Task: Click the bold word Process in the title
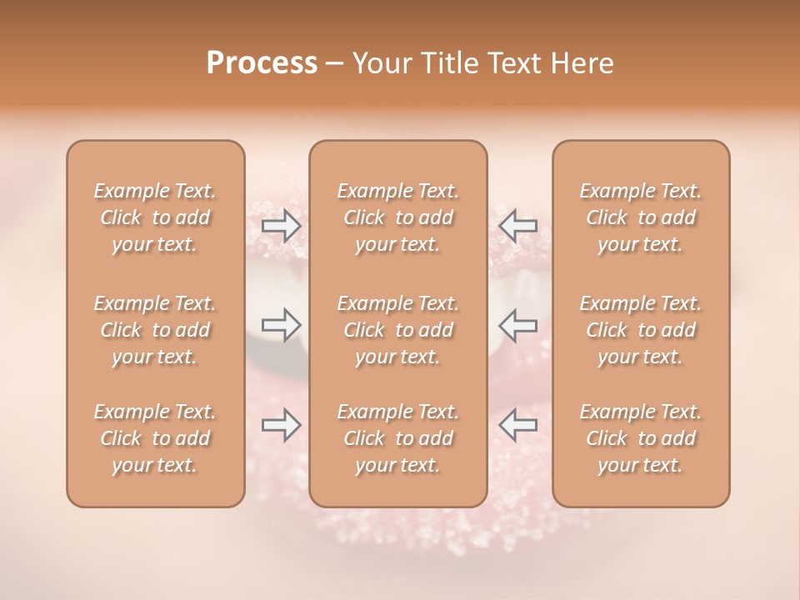pos(262,63)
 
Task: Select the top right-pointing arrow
pos(282,225)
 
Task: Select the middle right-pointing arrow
pos(282,325)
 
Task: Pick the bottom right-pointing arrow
pos(282,425)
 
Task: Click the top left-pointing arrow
pos(517,225)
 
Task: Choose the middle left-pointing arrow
pos(517,325)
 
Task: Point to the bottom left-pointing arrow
pos(517,425)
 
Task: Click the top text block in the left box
pos(155,217)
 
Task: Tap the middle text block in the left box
pos(155,330)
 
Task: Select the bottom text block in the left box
pos(155,438)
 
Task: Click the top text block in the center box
pos(398,217)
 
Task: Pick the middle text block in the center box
pos(398,330)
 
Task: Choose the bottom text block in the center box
pos(398,438)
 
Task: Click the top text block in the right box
pos(641,217)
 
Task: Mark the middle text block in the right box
pos(641,330)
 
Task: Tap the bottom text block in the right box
pos(641,438)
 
